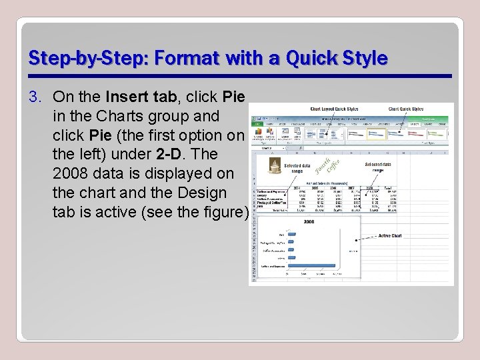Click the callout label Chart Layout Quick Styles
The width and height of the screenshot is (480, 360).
pos(334,109)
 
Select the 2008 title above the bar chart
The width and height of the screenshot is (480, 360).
pos(309,221)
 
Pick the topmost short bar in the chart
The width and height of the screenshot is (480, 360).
pos(290,235)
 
